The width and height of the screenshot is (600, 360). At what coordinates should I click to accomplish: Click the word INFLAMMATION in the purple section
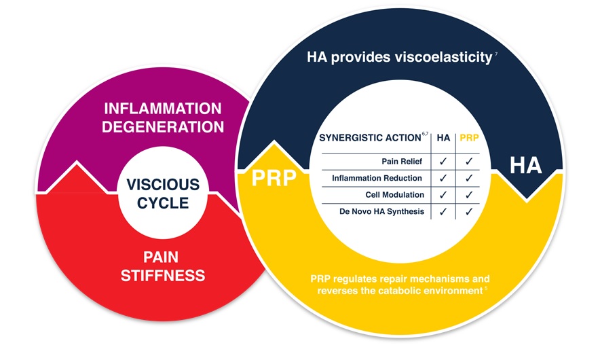pyautogui.click(x=163, y=109)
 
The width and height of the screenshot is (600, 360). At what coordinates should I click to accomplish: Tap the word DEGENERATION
pyautogui.click(x=163, y=127)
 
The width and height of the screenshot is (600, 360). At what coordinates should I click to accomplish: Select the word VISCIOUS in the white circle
pyautogui.click(x=163, y=185)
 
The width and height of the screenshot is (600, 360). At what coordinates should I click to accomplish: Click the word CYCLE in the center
pyautogui.click(x=163, y=203)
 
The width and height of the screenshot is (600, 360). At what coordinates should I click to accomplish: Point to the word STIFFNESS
pyautogui.click(x=163, y=275)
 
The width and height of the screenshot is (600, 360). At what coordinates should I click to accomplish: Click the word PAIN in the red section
pyautogui.click(x=161, y=257)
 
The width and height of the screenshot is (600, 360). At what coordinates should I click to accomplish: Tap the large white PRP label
pyautogui.click(x=274, y=178)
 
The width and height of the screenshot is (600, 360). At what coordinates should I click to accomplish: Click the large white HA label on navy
pyautogui.click(x=526, y=166)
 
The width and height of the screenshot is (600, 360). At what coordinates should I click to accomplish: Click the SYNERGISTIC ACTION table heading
pyautogui.click(x=370, y=138)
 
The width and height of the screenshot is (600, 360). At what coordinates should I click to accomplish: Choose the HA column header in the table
pyautogui.click(x=443, y=138)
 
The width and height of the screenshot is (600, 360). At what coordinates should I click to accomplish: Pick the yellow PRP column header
pyautogui.click(x=469, y=138)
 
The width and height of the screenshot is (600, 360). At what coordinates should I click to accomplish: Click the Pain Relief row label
pyautogui.click(x=402, y=162)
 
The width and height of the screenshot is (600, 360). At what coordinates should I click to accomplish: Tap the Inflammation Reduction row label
pyautogui.click(x=377, y=178)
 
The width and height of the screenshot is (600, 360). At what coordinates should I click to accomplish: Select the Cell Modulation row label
pyautogui.click(x=394, y=194)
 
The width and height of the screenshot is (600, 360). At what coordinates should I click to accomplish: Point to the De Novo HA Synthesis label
pyautogui.click(x=381, y=211)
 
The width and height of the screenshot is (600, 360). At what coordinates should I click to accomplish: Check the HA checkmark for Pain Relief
pyautogui.click(x=443, y=162)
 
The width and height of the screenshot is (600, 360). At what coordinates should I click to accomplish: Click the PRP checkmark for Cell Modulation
pyautogui.click(x=469, y=195)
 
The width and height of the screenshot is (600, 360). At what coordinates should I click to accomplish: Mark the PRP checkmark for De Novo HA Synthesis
pyautogui.click(x=469, y=211)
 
